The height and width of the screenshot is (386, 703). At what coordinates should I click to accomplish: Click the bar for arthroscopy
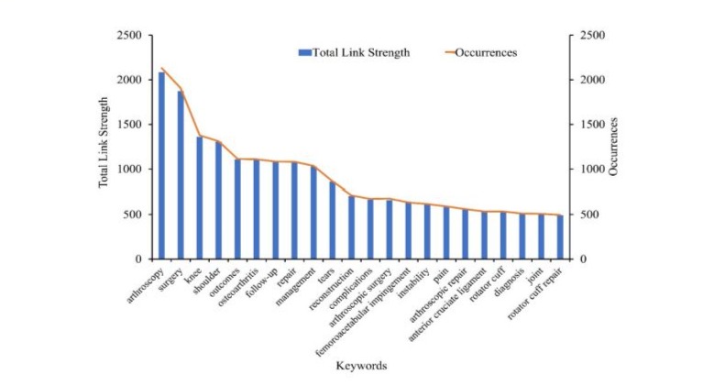(162, 166)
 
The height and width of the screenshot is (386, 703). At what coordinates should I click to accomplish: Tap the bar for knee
(200, 198)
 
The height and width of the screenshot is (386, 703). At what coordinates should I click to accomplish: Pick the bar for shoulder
(219, 201)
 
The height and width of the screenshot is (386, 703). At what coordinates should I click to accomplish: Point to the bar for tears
(333, 220)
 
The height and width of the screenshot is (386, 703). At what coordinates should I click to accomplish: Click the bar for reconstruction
(351, 227)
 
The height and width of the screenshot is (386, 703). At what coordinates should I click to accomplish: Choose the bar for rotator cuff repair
(559, 237)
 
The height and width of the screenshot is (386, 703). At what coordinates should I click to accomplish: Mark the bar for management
(313, 213)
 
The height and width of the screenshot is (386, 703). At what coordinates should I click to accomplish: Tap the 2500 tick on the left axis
(129, 36)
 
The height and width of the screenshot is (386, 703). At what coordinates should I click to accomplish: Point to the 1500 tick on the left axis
(129, 125)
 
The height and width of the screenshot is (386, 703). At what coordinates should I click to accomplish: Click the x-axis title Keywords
(360, 365)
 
